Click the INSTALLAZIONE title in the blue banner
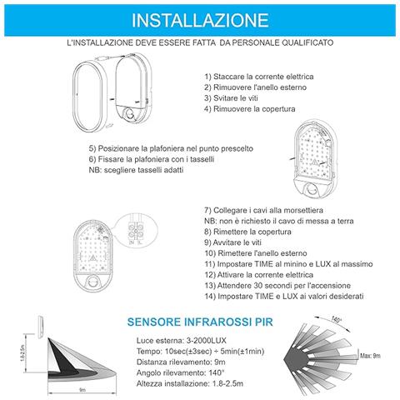coord(200,18)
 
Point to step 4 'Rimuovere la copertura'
coord(247,108)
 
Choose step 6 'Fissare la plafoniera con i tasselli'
coord(151,157)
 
